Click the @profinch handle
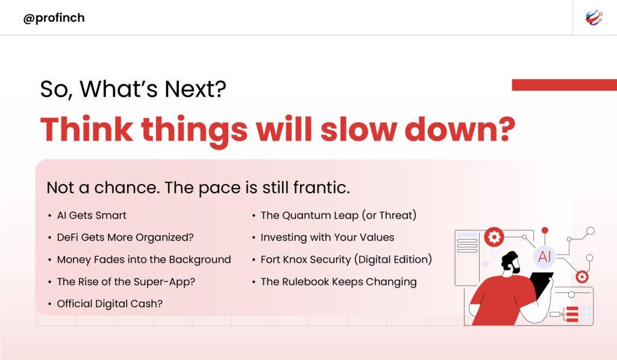coord(54,18)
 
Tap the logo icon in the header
coord(594,17)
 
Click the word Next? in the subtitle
coord(195,89)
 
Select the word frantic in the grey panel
coord(321,188)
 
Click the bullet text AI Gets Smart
coord(92,215)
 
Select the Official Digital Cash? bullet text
coord(110,304)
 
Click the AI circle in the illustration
coord(544,257)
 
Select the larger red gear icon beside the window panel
coord(494,237)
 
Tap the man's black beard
coord(515,268)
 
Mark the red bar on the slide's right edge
coord(564,84)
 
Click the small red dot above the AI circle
coord(545,230)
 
